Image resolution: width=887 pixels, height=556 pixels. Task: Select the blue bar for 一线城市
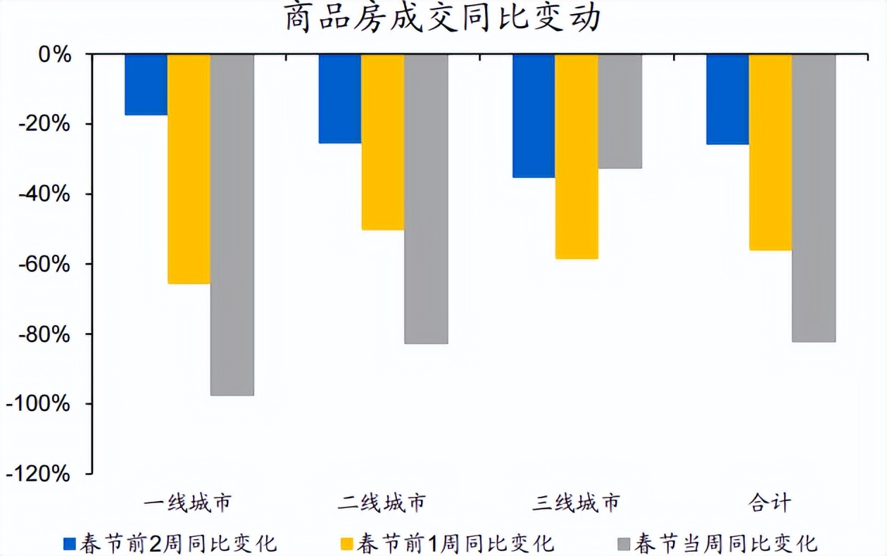click(146, 84)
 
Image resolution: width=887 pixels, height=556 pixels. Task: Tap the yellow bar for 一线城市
click(189, 169)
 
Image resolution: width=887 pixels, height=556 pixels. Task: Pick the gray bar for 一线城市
click(232, 225)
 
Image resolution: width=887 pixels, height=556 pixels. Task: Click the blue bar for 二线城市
click(340, 99)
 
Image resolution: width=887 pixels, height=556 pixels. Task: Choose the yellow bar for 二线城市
click(383, 141)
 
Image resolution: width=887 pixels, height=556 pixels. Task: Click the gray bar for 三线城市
click(619, 111)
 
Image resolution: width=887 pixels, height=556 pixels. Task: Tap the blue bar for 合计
click(727, 99)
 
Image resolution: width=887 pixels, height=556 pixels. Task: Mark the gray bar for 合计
click(814, 198)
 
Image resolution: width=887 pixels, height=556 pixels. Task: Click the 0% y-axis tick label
click(56, 55)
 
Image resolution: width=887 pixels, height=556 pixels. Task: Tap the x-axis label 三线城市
click(577, 503)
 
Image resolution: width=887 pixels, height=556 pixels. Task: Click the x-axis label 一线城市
click(188, 503)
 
